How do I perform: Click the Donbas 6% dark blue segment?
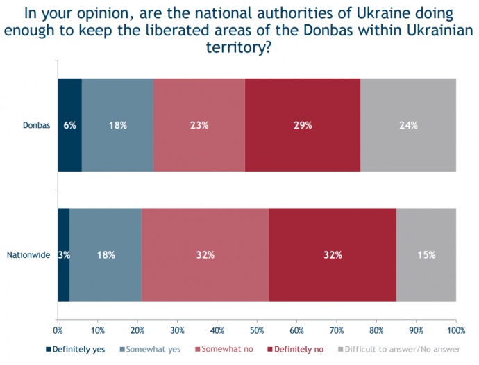[x=69, y=126]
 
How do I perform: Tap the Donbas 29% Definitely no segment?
[x=303, y=126]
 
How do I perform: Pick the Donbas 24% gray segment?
[x=408, y=126]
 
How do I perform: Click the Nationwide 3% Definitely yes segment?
[x=63, y=254]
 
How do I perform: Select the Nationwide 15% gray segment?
[x=426, y=254]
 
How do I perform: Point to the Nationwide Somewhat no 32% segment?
[x=205, y=254]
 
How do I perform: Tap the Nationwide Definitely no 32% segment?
[x=333, y=254]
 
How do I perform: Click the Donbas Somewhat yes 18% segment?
[x=117, y=126]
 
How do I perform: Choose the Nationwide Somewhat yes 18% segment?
[x=106, y=254]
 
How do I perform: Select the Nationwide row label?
[x=28, y=255]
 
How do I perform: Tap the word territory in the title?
[x=239, y=49]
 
